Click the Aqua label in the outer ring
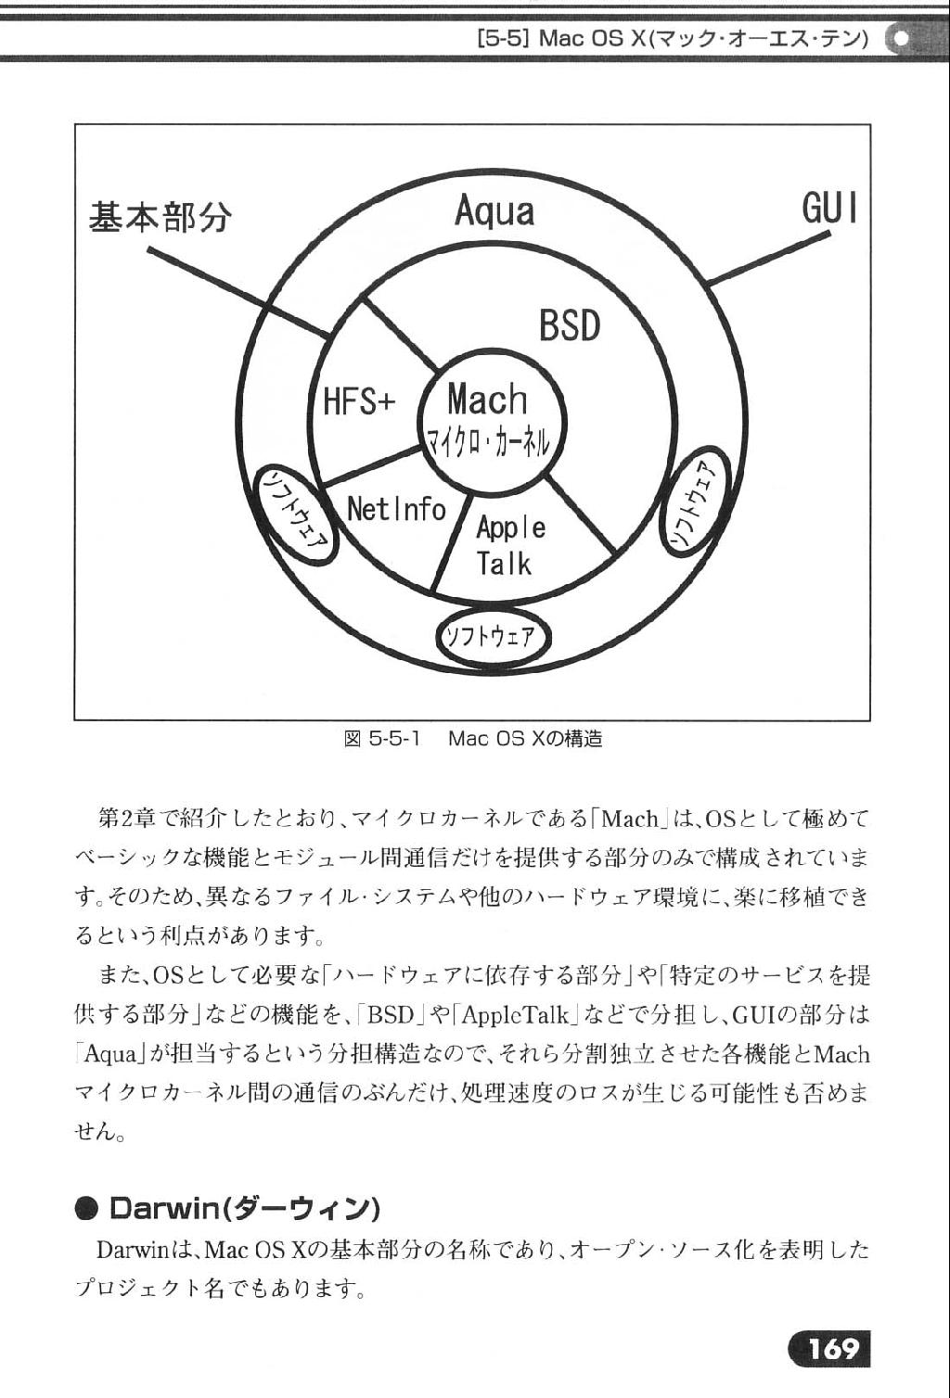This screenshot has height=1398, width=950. point(494,212)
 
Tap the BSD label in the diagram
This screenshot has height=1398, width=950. point(570,325)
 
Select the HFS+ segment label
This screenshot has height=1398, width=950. point(359,400)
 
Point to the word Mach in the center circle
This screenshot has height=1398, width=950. point(487,400)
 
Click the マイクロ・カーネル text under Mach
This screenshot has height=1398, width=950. point(488,443)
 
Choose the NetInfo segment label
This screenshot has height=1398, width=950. point(396,509)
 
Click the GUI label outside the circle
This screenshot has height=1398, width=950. point(828,208)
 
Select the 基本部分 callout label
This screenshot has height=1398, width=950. point(160,217)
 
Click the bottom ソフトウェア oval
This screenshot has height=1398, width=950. point(494,637)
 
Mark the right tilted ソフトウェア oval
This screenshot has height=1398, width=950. point(695,502)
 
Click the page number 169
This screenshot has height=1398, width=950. point(831,1350)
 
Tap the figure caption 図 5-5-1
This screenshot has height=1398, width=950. point(383,739)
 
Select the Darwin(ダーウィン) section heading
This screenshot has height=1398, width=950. point(244,1209)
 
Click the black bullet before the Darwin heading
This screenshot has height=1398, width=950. point(87,1210)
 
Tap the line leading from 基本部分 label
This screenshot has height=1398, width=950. point(239,294)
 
